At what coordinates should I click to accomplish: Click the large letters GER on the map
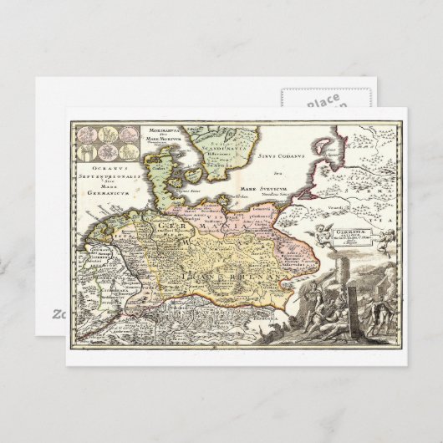[x=159, y=222]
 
